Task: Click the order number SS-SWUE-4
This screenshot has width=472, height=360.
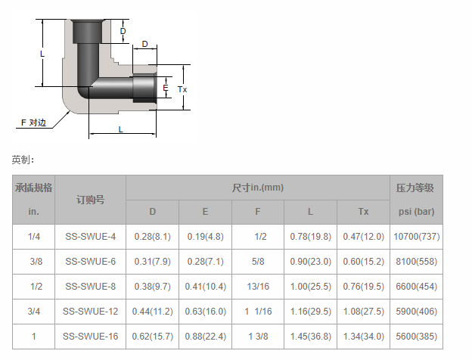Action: coord(90,237)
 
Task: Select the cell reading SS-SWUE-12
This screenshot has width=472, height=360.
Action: coord(90,312)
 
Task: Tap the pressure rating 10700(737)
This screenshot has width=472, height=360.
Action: coord(417,237)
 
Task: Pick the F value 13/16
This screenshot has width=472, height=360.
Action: coord(258,286)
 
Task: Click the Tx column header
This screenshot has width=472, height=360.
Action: coord(363,212)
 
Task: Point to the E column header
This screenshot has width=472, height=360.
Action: coord(205,212)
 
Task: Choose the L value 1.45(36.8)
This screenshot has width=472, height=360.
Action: coord(311,337)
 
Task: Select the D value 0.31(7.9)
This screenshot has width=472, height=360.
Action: coord(153,262)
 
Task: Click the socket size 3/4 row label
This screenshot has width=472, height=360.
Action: coord(34,312)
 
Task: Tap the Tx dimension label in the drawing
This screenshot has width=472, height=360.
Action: coord(182,89)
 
